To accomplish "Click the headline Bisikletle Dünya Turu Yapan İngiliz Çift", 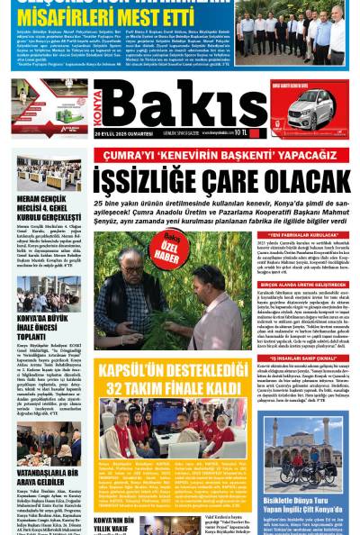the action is [307, 505].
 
